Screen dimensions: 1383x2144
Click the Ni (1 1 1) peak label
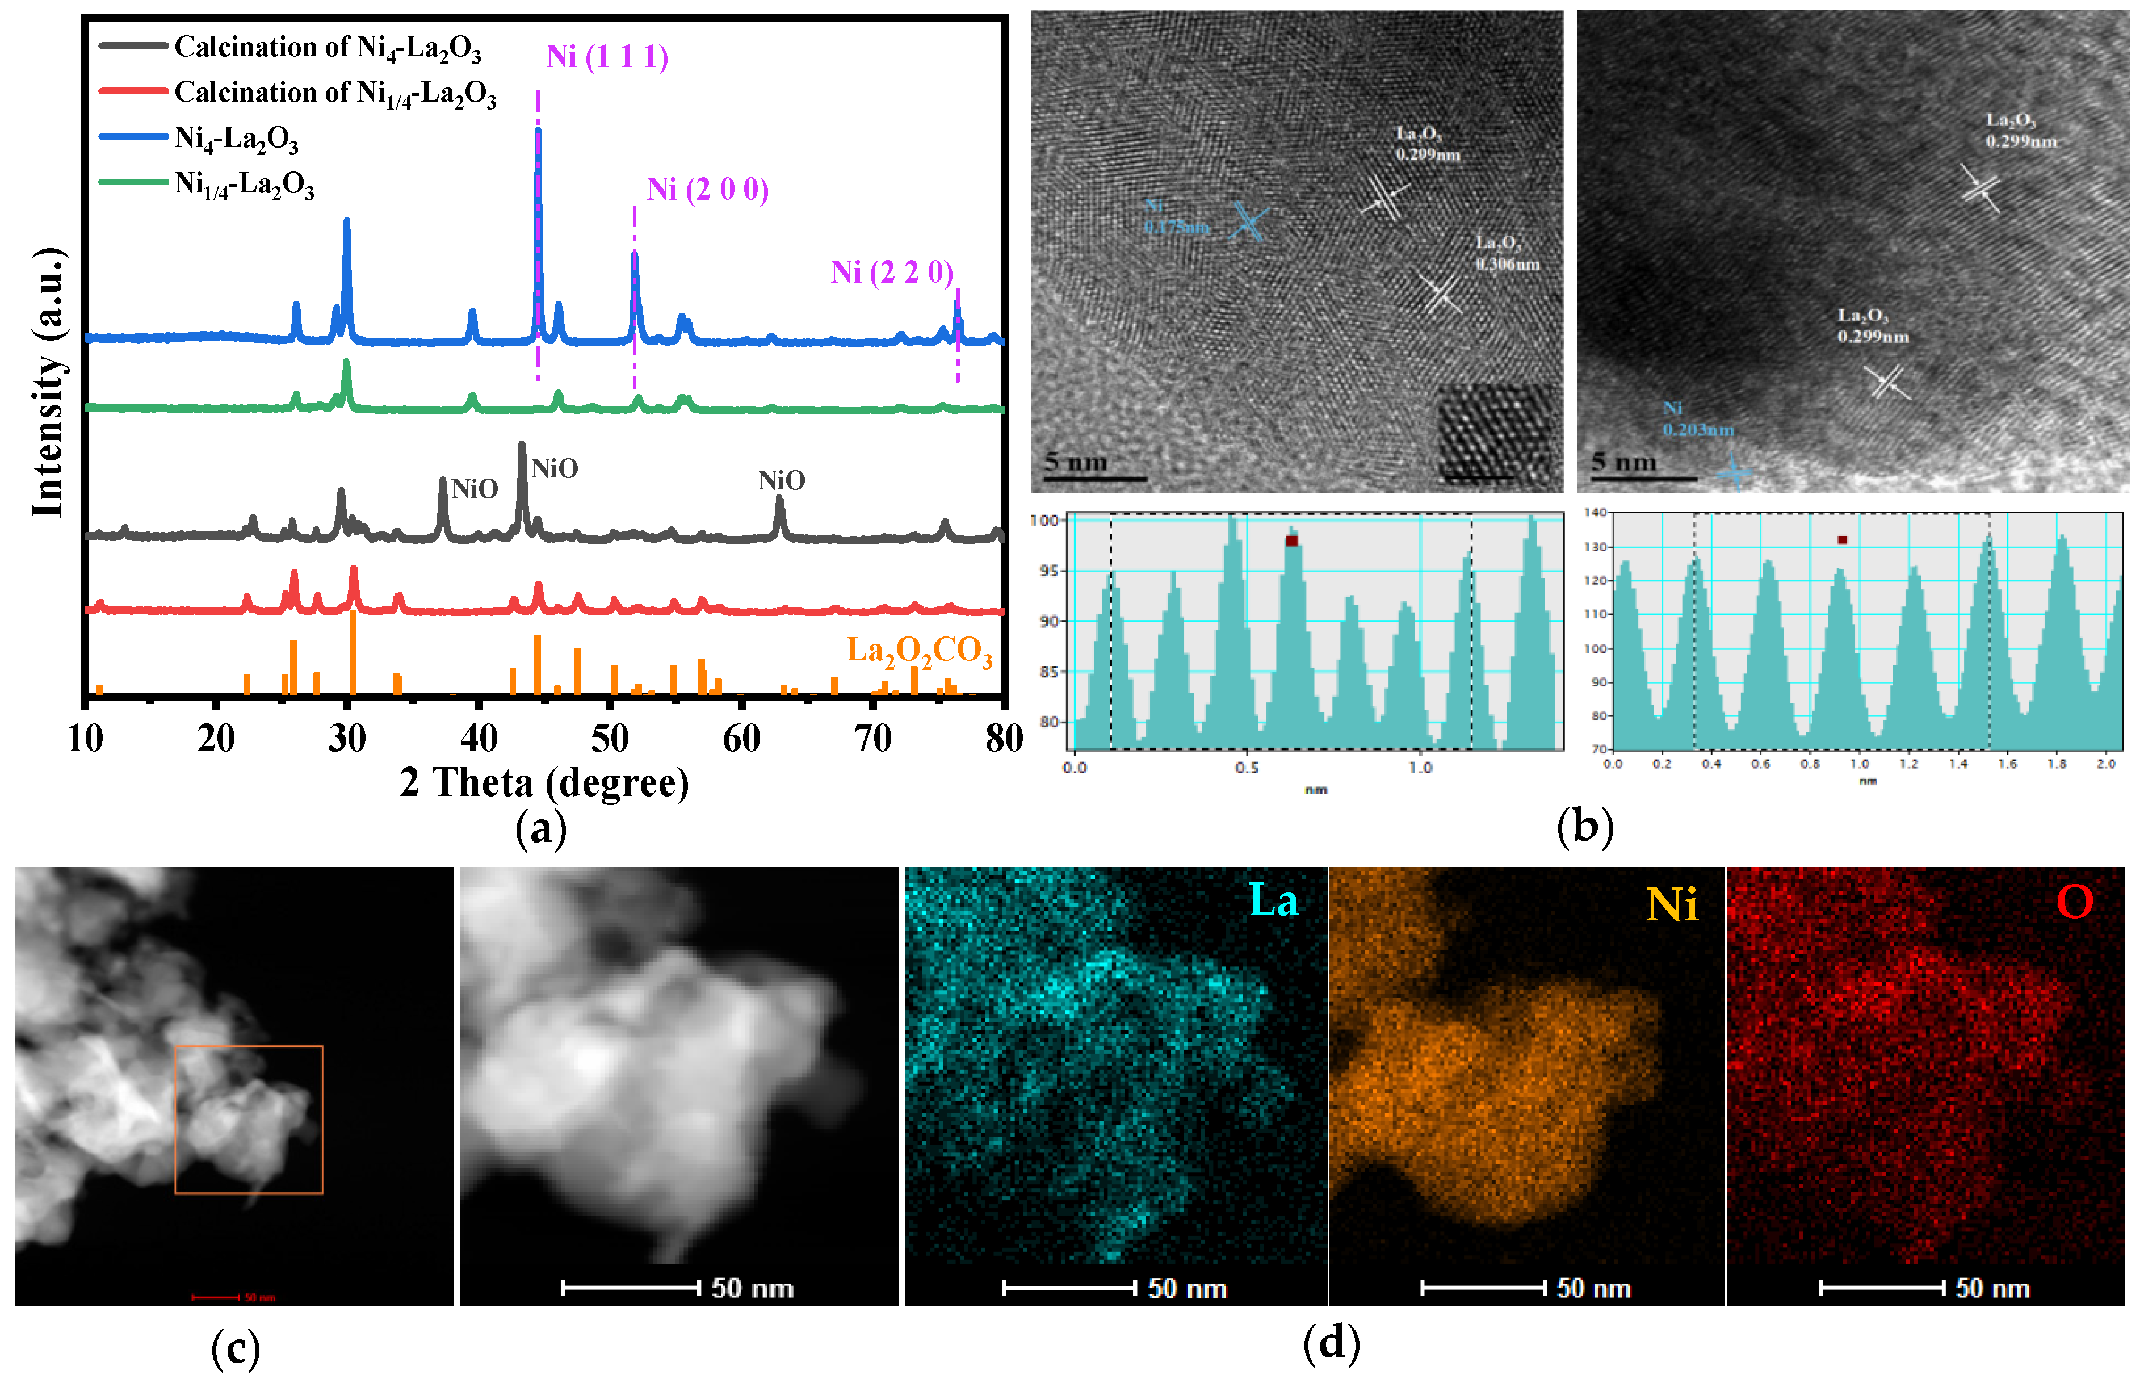[607, 57]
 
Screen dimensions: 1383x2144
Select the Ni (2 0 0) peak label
[707, 190]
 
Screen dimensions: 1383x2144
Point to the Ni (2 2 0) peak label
[892, 272]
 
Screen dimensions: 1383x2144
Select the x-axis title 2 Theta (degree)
[544, 783]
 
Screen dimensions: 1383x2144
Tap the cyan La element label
[1273, 901]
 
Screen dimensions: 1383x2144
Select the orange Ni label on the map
[1672, 904]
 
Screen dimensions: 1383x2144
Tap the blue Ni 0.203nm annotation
[1697, 420]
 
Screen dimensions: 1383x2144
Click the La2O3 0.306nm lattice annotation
[1507, 253]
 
